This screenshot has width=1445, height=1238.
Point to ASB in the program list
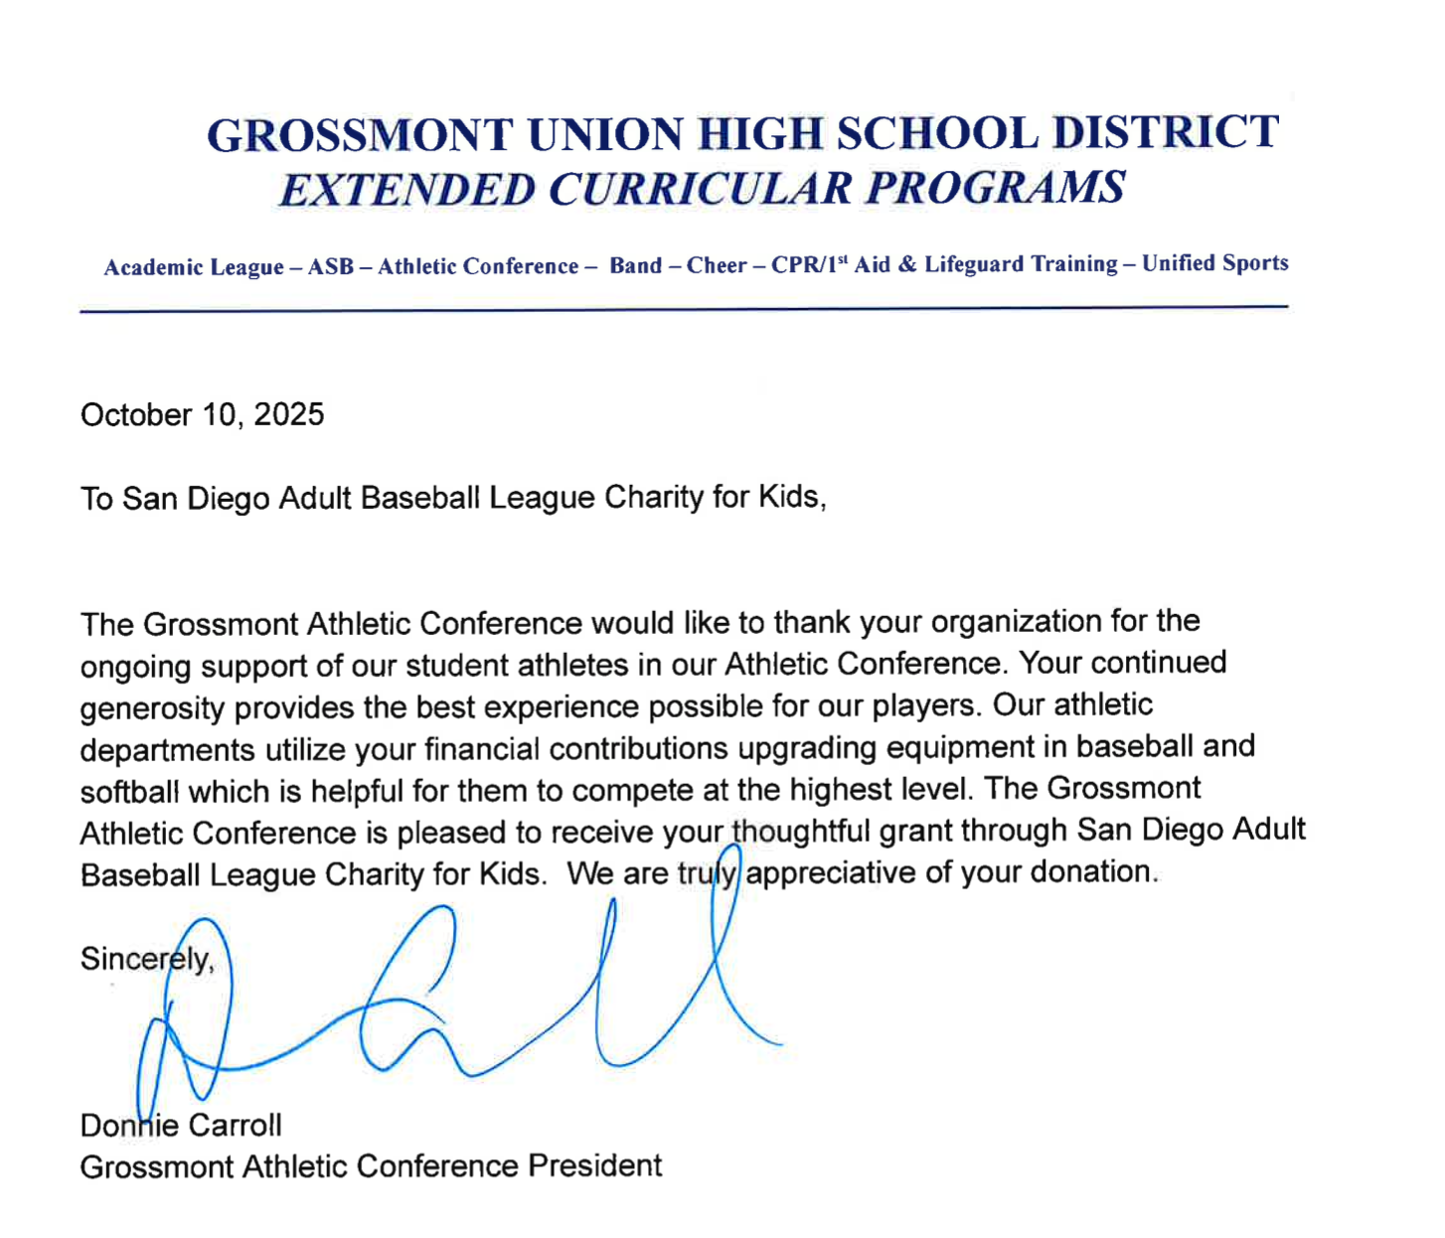[x=331, y=267]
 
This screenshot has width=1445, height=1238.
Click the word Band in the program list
[x=635, y=266]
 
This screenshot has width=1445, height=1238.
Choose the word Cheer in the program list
[x=717, y=266]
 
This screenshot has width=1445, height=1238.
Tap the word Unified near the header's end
[x=1178, y=263]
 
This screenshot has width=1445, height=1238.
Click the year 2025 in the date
[x=288, y=414]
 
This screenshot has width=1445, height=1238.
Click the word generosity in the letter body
[x=152, y=708]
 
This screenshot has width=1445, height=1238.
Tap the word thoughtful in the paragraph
[x=800, y=831]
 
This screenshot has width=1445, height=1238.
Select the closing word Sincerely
[x=145, y=959]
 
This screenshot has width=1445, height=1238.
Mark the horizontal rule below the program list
[x=684, y=309]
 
